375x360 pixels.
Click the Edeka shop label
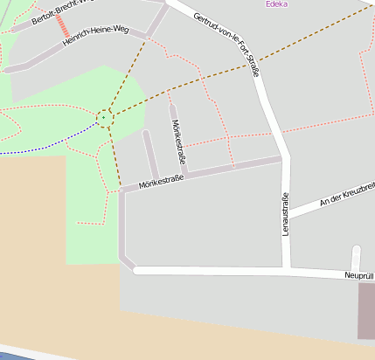pos(276,4)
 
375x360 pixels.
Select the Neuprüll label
pos(359,276)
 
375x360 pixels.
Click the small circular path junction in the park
pos(105,116)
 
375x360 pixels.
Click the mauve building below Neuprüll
pos(366,310)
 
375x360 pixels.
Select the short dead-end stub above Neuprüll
pos(356,259)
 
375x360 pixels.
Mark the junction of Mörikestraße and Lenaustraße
pos(281,160)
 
